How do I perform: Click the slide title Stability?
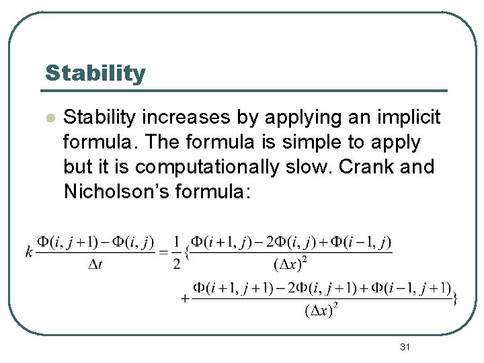pos(95,73)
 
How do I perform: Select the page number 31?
pos(405,347)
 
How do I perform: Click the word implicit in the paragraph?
pos(409,118)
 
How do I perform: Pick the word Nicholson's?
pos(115,192)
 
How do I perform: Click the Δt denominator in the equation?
pos(95,264)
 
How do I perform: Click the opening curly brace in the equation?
pos(188,253)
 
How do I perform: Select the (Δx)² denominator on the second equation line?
pos(321,311)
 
